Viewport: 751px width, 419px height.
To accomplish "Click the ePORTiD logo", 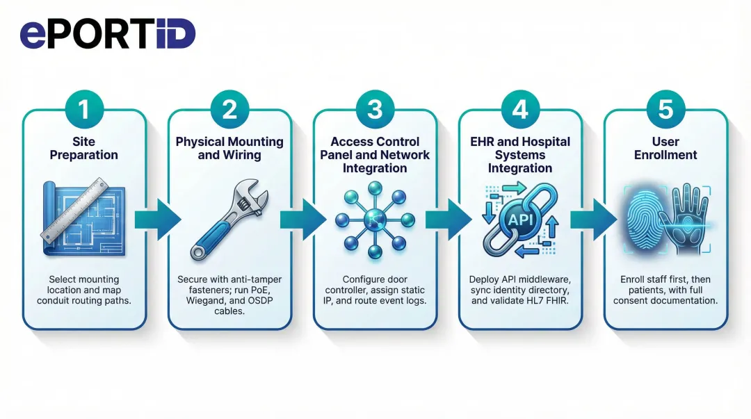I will click(108, 33).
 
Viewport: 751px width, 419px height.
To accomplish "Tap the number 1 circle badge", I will click(84, 109).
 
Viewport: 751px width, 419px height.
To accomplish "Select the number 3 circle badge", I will click(375, 109).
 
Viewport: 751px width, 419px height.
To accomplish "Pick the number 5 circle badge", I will click(665, 109).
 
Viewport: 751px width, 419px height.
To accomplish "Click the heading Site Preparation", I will click(84, 148).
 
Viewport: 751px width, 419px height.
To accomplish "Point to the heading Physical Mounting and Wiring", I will click(229, 148).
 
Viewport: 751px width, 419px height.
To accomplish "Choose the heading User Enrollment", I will click(665, 148).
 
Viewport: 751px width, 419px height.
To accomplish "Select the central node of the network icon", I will click(375, 220).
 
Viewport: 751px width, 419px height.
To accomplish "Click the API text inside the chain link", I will click(519, 220).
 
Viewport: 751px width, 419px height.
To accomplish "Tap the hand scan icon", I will click(689, 218).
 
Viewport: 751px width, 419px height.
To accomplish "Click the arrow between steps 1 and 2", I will click(157, 220).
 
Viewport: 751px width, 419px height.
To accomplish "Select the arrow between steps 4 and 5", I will click(593, 220).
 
